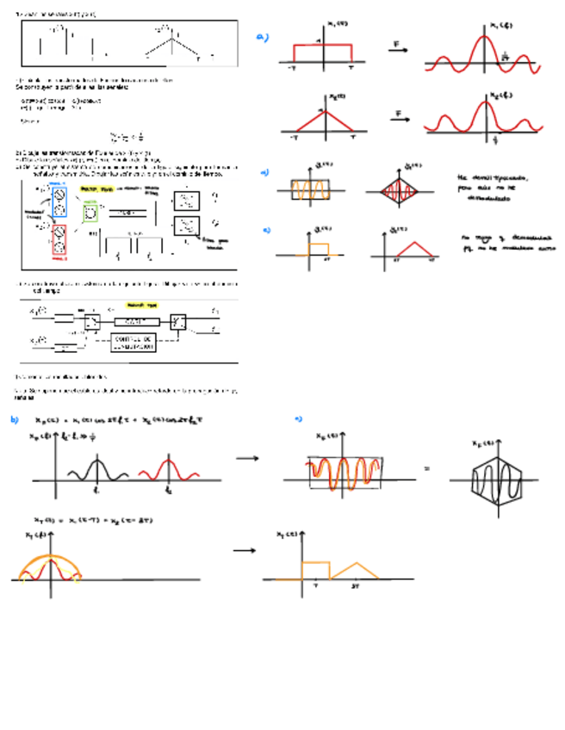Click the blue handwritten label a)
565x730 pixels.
point(263,37)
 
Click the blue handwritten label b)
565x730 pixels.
point(15,419)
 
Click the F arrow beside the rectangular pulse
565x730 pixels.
point(396,48)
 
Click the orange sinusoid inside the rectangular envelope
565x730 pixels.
point(309,189)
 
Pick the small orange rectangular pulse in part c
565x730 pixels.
point(319,249)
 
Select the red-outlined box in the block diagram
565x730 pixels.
point(59,242)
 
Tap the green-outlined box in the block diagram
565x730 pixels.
point(90,212)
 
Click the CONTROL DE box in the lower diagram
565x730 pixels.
point(133,343)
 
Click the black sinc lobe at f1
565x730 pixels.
point(96,470)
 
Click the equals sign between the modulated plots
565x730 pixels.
point(426,470)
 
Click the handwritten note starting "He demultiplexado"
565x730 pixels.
point(492,187)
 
